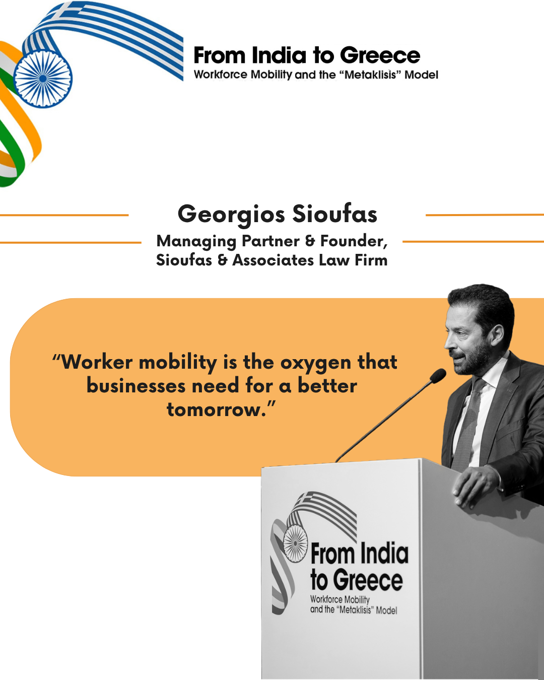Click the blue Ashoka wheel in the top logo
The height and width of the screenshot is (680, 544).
[x=43, y=79]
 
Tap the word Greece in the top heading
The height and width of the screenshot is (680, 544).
[x=380, y=55]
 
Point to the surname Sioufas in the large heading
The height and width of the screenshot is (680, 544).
[x=335, y=214]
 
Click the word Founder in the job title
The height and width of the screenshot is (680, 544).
[x=354, y=241]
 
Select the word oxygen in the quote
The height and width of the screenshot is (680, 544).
[x=316, y=363]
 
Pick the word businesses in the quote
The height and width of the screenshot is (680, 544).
[x=136, y=386]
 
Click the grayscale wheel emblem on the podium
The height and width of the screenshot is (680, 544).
[x=295, y=543]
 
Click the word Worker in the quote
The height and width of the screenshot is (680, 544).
[x=97, y=362]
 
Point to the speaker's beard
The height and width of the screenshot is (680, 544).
[x=471, y=360]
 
